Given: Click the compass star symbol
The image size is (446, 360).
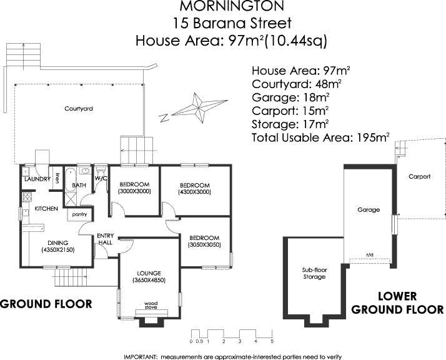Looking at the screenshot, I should click(198, 108).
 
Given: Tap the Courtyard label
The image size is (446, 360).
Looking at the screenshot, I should click(79, 109).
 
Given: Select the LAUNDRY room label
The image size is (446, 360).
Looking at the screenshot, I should click(36, 179).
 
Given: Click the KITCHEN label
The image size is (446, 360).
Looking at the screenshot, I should click(46, 208).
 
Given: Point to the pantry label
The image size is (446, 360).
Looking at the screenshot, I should click(79, 214).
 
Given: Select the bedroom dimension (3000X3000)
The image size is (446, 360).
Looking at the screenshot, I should click(134, 191).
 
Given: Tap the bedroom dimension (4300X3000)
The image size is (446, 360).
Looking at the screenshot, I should click(195, 192).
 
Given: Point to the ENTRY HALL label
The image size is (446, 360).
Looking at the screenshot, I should click(104, 239).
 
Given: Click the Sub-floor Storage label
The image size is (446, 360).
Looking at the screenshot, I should click(314, 273).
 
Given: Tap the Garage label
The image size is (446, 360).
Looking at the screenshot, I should click(369, 210).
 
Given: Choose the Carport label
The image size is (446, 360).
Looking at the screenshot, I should click(420, 177).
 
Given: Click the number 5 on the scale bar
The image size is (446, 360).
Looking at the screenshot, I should click(272, 341).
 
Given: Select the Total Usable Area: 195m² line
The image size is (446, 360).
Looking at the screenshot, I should click(320, 137).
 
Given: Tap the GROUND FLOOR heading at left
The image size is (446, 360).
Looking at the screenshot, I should click(46, 304).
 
